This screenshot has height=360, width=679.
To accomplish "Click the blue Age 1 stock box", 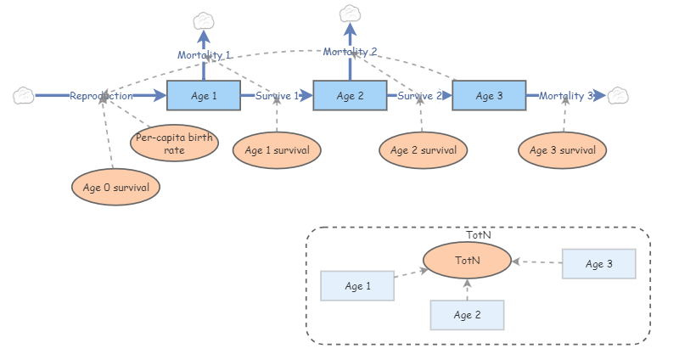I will [204, 96].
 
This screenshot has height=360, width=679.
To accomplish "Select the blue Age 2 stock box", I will [350, 96].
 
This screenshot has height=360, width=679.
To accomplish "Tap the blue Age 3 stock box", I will [489, 96].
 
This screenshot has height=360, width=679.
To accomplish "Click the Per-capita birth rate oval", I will [173, 144].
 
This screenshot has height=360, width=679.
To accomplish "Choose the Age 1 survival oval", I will [277, 150].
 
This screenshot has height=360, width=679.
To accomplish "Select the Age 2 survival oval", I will [423, 150].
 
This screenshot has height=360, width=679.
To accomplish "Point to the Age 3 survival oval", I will [563, 150].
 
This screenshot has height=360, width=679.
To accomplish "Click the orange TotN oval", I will [468, 261].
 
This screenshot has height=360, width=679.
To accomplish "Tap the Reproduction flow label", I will [101, 96].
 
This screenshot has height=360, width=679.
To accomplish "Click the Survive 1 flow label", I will [277, 96].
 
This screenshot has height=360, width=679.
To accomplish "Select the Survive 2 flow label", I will [420, 96].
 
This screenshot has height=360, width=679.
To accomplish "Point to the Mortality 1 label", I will [204, 55].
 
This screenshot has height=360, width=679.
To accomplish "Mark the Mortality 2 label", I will [350, 52].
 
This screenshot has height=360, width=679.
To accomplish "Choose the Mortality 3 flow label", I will [566, 96].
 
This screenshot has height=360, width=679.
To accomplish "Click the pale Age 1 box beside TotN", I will [357, 286].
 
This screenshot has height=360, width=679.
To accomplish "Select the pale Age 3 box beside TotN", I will [598, 264].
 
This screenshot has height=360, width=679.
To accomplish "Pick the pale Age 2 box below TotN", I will [467, 315].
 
